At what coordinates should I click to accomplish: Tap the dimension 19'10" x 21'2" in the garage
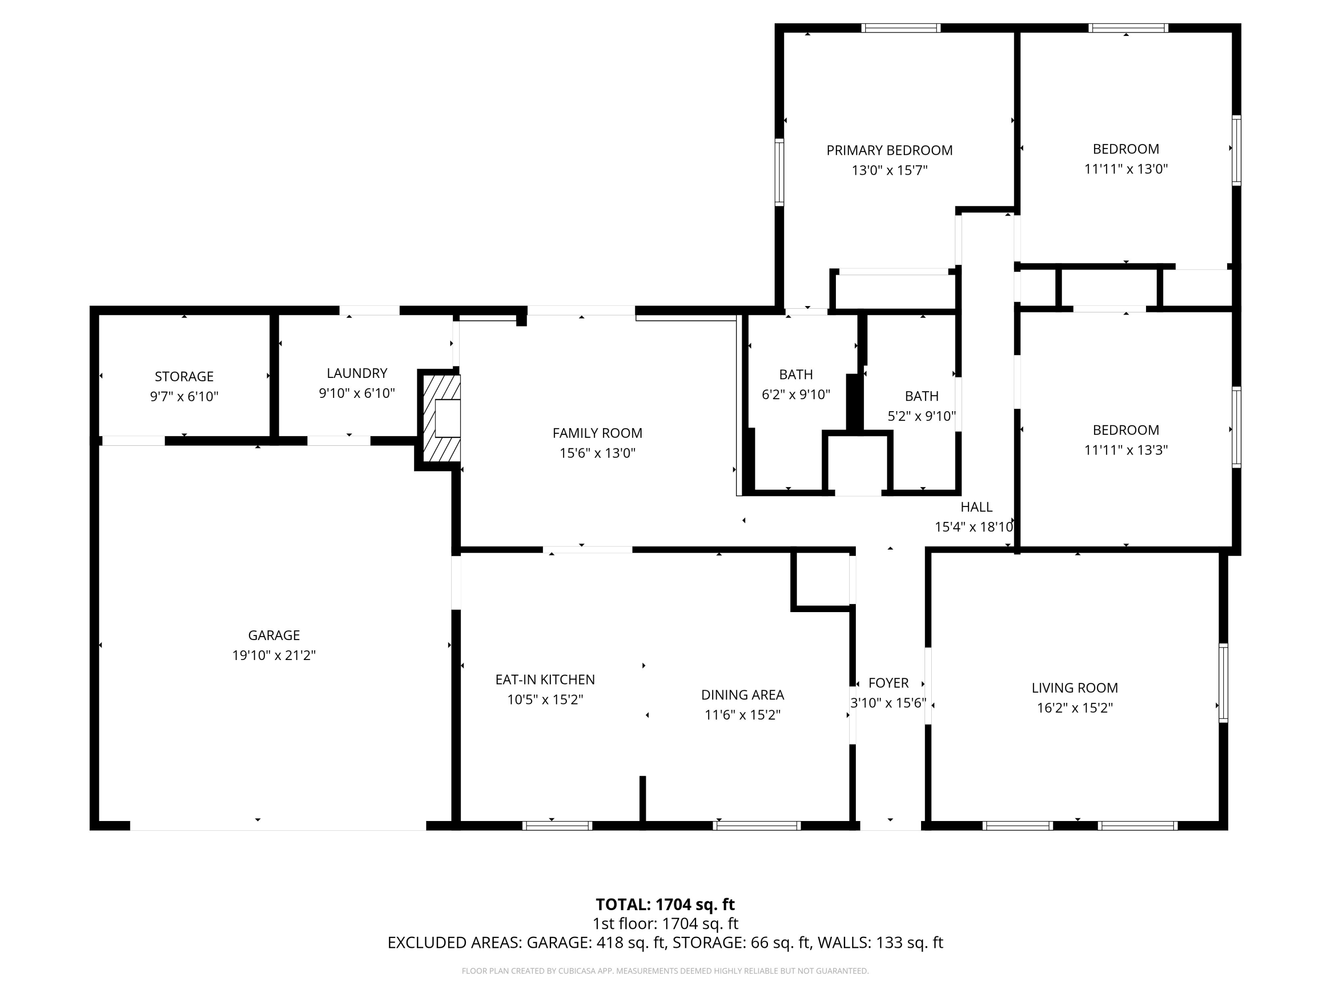pyautogui.click(x=274, y=655)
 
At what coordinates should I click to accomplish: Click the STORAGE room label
pyautogui.click(x=184, y=377)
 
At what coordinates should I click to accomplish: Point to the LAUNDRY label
pyautogui.click(x=357, y=373)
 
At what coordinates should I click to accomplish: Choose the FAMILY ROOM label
pyautogui.click(x=597, y=433)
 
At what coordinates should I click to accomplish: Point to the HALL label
pyautogui.click(x=976, y=507)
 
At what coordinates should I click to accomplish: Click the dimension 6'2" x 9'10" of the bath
pyautogui.click(x=795, y=395)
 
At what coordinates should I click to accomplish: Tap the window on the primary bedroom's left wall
pyautogui.click(x=779, y=172)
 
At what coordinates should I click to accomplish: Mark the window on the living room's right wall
pyautogui.click(x=1223, y=683)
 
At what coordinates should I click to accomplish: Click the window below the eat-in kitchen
pyautogui.click(x=557, y=825)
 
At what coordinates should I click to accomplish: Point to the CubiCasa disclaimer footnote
pyautogui.click(x=665, y=971)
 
